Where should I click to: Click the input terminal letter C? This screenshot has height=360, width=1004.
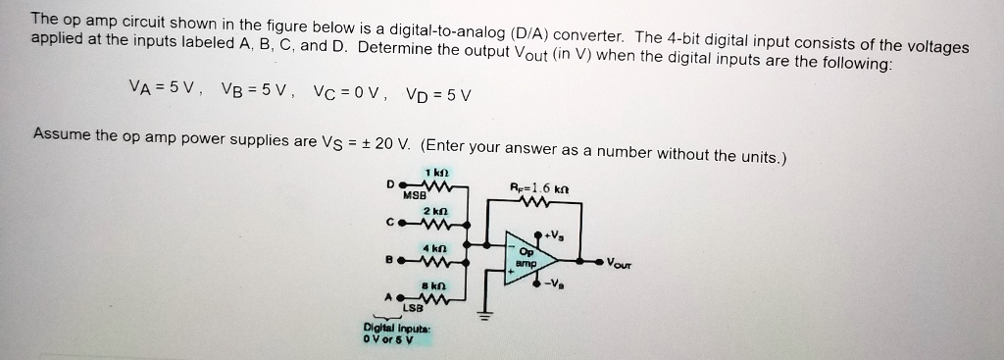pyautogui.click(x=390, y=223)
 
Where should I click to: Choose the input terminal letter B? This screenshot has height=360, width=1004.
pyautogui.click(x=390, y=261)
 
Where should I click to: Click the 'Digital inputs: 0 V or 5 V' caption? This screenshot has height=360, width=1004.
pyautogui.click(x=389, y=334)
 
